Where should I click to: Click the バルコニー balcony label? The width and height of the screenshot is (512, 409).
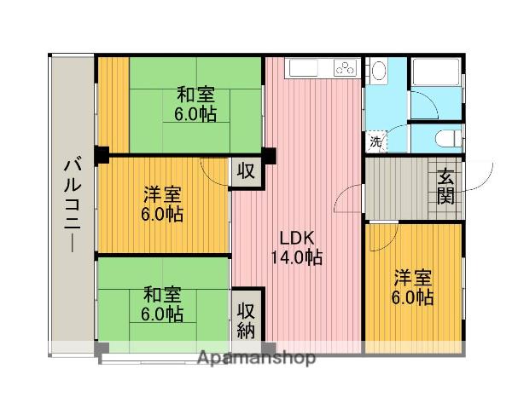[71, 204]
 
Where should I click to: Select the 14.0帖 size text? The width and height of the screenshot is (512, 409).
[295, 257]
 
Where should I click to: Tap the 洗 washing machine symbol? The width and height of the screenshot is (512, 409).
[375, 141]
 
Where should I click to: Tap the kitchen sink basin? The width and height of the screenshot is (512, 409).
[304, 67]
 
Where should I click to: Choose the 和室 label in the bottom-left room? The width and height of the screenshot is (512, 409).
[161, 295]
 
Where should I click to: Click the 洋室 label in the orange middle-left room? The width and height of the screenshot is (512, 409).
[161, 194]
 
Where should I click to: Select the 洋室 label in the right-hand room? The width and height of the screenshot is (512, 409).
[413, 279]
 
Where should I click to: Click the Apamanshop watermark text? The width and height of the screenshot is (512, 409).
[256, 357]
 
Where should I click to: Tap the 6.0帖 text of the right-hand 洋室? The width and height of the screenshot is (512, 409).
[413, 297]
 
